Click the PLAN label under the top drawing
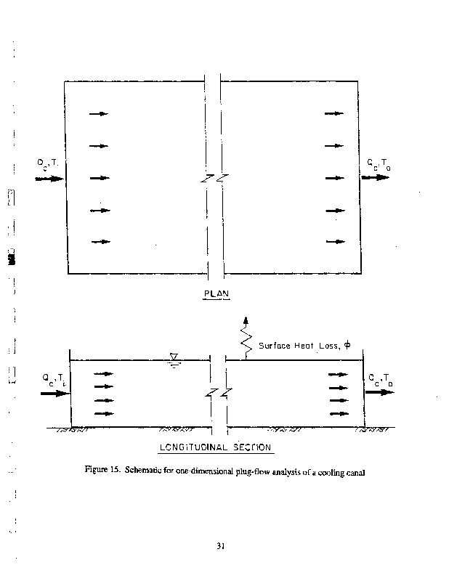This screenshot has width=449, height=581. pyautogui.click(x=216, y=293)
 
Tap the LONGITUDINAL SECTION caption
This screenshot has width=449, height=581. pyautogui.click(x=215, y=447)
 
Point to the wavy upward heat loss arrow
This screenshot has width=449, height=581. pyautogui.click(x=246, y=336)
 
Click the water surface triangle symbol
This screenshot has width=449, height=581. pyautogui.click(x=174, y=357)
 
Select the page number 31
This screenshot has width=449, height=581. pyautogui.click(x=221, y=546)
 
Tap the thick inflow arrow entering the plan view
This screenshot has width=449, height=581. pyautogui.click(x=49, y=178)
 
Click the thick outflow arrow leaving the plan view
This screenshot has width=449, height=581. pyautogui.click(x=376, y=178)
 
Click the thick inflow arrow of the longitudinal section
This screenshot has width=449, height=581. pyautogui.click(x=54, y=394)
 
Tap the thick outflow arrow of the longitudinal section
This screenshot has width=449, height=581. pyautogui.click(x=380, y=392)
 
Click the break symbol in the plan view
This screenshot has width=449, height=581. pyautogui.click(x=210, y=178)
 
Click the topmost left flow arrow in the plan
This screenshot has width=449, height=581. pyautogui.click(x=99, y=114)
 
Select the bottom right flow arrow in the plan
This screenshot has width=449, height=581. pyautogui.click(x=335, y=241)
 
